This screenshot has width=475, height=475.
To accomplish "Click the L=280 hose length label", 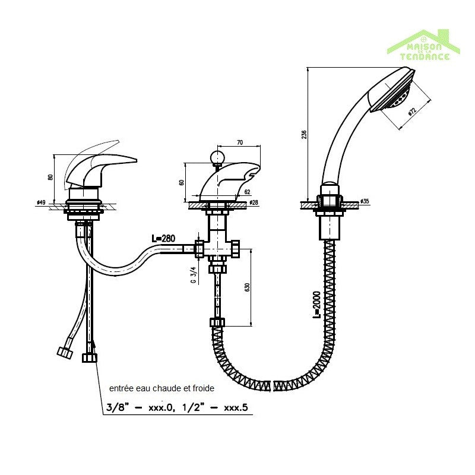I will point(164,238).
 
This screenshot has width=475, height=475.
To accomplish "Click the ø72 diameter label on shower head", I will point(411,111).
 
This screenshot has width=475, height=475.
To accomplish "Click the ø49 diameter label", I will point(41,203).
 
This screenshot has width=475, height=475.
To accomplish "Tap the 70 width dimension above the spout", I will point(240,142).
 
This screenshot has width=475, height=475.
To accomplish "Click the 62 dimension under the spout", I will point(247,192).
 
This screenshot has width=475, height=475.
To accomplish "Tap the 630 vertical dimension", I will point(246,287).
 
